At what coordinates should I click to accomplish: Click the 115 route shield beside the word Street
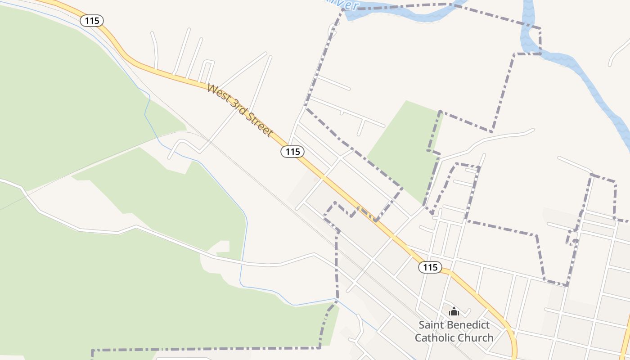tap(292, 152)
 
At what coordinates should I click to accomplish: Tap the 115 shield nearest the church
tap(430, 267)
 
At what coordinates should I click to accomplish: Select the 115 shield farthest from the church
tap(92, 20)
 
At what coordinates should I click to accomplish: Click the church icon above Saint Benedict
tap(454, 311)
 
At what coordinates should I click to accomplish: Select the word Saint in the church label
tap(431, 325)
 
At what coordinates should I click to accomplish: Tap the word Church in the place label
tap(476, 337)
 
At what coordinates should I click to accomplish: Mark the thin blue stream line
tap(245, 234)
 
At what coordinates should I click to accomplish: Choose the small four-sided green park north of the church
tap(405, 144)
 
